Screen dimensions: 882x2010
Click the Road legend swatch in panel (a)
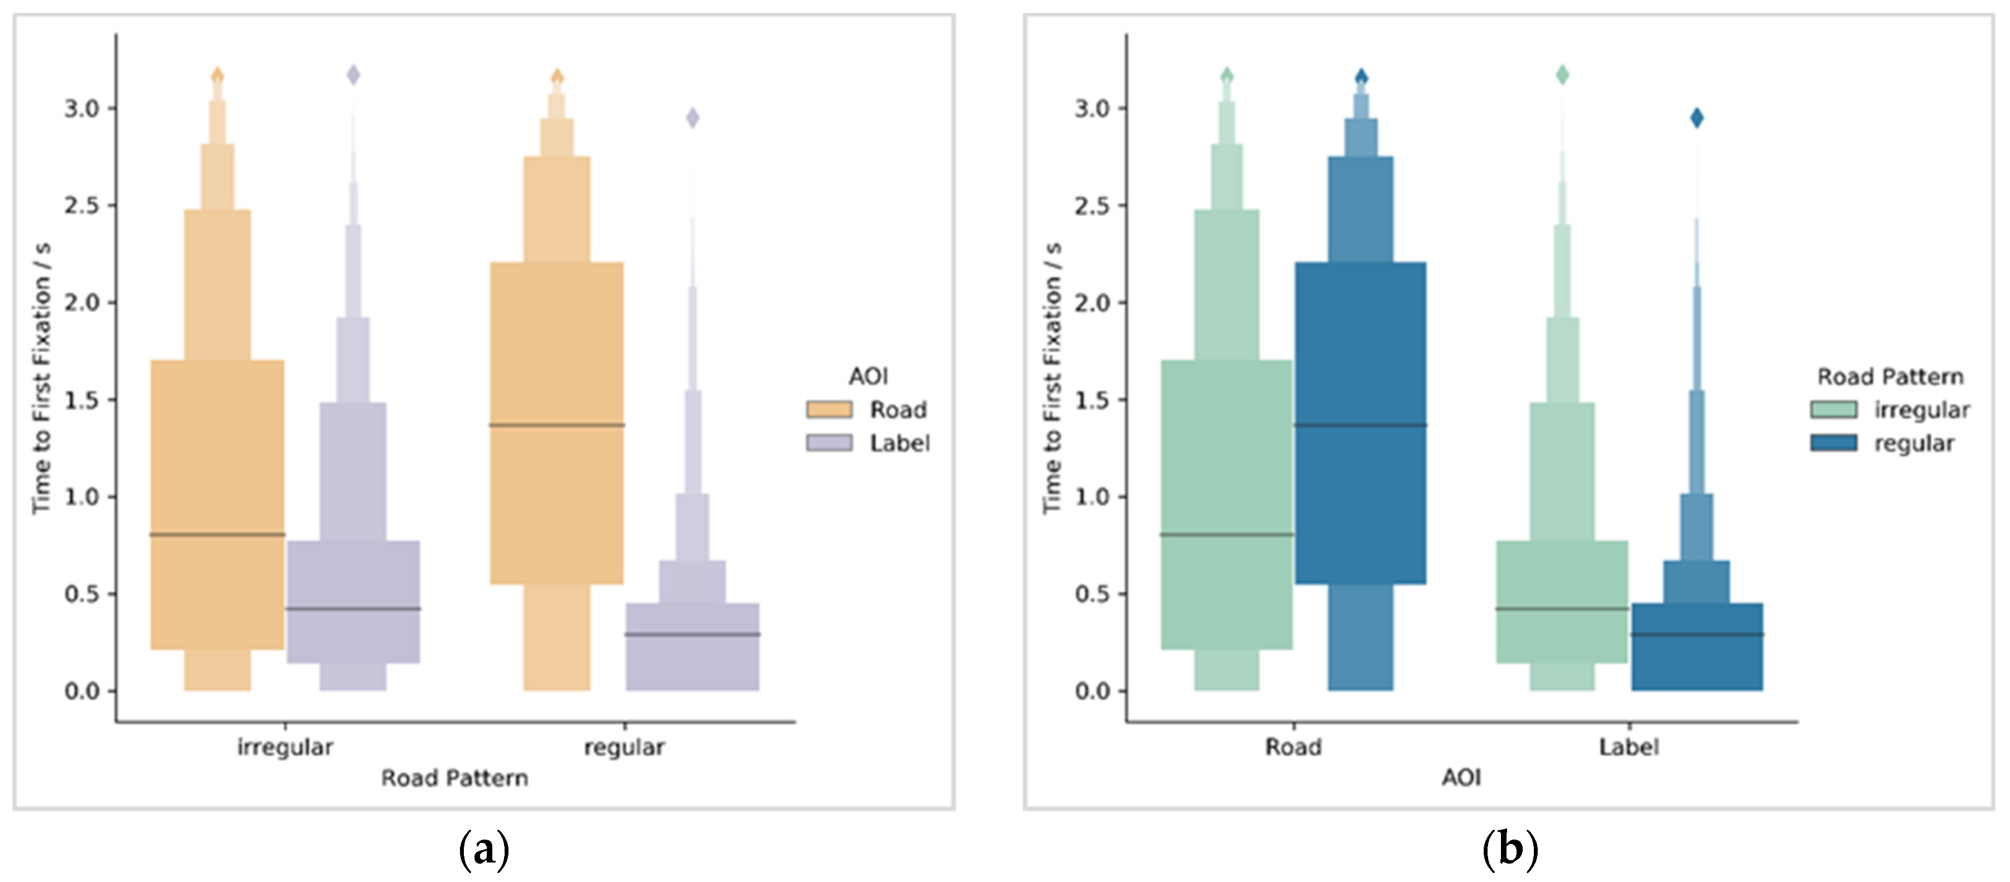[x=829, y=410]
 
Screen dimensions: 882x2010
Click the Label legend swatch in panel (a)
[x=829, y=443]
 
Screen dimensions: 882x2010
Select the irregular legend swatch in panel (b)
[x=1833, y=410]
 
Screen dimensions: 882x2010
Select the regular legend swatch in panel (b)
[x=1833, y=443]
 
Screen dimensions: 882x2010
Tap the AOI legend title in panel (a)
[x=868, y=376]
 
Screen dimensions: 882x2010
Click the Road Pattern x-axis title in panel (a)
[x=454, y=778]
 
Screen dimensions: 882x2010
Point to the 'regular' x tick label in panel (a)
[x=624, y=747]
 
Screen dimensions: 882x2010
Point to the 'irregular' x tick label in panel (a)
[x=285, y=747]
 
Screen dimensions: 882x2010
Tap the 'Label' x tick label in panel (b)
[x=1629, y=747]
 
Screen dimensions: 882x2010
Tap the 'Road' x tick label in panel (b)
[x=1293, y=747]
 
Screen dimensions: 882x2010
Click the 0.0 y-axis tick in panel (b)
[x=1092, y=691]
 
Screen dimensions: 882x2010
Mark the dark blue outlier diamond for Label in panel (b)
[x=1696, y=118]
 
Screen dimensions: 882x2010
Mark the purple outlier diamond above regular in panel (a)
[x=692, y=118]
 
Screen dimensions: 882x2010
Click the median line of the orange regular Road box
[x=556, y=425]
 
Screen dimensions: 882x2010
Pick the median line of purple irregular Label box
[x=353, y=609]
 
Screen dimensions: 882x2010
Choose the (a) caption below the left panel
[x=484, y=849]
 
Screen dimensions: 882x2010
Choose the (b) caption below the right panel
[x=1509, y=849]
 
